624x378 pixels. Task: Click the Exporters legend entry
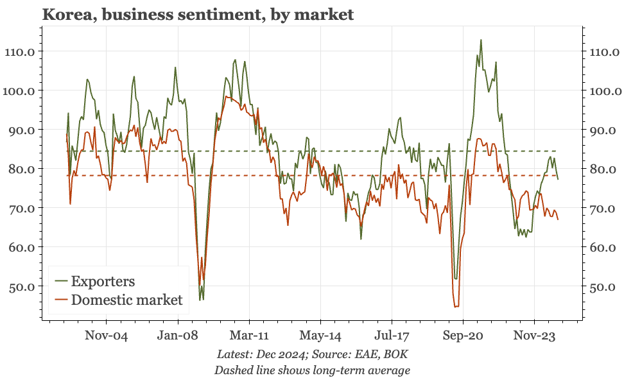[103, 281]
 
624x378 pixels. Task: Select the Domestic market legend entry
[126, 300]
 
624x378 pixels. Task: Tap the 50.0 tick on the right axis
[602, 287]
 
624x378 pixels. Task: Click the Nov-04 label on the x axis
[107, 335]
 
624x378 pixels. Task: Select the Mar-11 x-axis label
[249, 335]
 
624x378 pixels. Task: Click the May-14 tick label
[320, 335]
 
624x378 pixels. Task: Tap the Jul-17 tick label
[392, 335]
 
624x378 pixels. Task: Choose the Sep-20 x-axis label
[462, 335]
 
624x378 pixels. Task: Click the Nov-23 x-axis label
[534, 335]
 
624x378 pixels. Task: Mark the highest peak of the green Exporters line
[481, 40]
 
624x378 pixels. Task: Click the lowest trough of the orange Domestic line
[456, 307]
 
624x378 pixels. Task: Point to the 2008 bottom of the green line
[201, 300]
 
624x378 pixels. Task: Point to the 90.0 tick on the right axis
[602, 130]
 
